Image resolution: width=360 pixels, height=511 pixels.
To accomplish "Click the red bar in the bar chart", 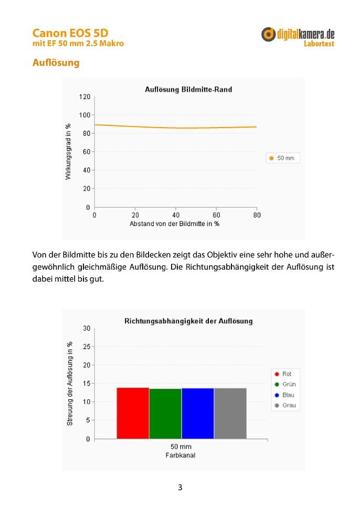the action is [133, 413].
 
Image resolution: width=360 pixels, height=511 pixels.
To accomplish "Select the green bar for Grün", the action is [165, 413].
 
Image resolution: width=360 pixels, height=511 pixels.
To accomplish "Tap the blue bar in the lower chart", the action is [198, 413].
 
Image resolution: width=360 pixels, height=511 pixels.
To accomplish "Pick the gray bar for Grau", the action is [230, 413].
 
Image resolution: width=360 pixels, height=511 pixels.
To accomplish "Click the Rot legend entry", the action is [283, 374].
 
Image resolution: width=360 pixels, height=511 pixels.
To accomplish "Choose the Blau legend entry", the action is [284, 395].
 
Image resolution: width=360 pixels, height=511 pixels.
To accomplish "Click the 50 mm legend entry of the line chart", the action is [282, 158].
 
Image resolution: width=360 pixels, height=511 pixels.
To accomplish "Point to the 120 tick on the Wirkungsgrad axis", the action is [84, 97].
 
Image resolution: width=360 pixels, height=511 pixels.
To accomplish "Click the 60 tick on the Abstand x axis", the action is [216, 215].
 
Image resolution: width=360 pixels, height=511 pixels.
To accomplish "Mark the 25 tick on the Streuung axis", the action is [87, 346].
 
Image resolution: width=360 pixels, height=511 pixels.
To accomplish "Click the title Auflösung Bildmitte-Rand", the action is [188, 89].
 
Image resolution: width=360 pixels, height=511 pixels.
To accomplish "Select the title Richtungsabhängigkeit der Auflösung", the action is [188, 321].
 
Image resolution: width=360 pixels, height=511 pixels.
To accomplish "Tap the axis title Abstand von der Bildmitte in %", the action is [174, 224].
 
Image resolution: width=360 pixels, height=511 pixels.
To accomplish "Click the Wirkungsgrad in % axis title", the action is [68, 152].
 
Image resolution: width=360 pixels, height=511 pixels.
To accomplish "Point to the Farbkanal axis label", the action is [181, 455].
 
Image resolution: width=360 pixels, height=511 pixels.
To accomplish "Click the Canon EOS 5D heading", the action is [70, 33].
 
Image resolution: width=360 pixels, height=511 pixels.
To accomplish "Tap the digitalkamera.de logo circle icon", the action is [268, 34].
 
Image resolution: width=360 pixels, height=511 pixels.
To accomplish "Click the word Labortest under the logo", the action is [319, 44].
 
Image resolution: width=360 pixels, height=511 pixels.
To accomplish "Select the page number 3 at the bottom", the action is [180, 487].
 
